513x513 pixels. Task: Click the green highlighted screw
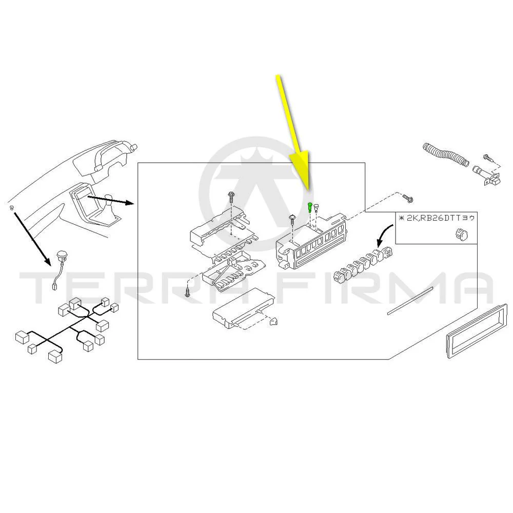(309, 207)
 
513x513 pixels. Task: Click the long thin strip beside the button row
(410, 301)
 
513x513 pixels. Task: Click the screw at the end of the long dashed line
(408, 198)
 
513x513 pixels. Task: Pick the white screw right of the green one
(316, 207)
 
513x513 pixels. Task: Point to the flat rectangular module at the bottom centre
(243, 308)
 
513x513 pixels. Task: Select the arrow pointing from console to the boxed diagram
(111, 201)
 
